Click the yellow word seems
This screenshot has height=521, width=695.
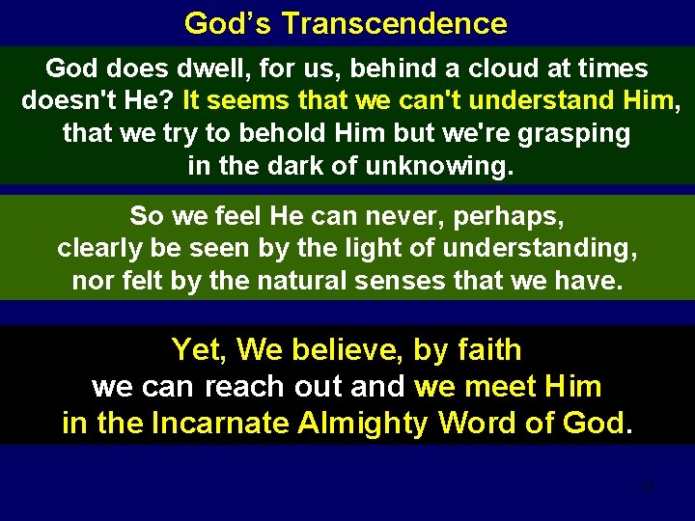tap(255, 99)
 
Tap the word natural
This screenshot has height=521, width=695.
tap(270, 281)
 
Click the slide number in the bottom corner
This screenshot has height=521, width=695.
tap(647, 487)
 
